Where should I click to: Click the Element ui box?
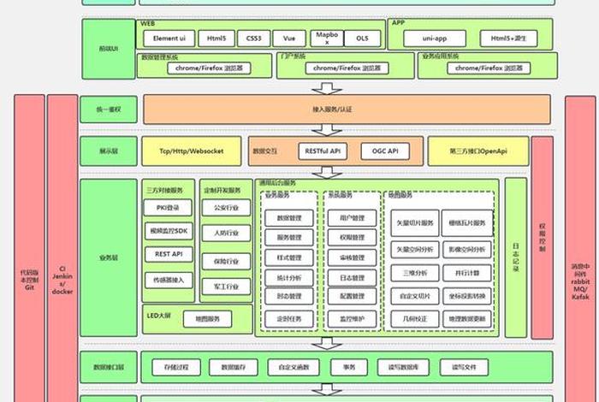coord(169,38)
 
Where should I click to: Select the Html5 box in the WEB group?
coord(213,38)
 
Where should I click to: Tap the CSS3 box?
coord(253,38)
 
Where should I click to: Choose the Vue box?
coord(289,38)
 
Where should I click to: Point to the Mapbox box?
coord(321,38)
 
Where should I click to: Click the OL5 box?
coord(363,38)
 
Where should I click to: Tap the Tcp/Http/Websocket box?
coord(193,151)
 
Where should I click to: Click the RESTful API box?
coord(323,151)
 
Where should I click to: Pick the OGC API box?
coord(379,151)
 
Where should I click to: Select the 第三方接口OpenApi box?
coord(477,151)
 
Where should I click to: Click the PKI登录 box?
coord(168,207)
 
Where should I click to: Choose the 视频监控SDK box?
coord(168,231)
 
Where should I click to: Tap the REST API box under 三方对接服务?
coord(168,254)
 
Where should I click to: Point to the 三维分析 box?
coord(415,273)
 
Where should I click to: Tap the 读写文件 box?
coord(465,367)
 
